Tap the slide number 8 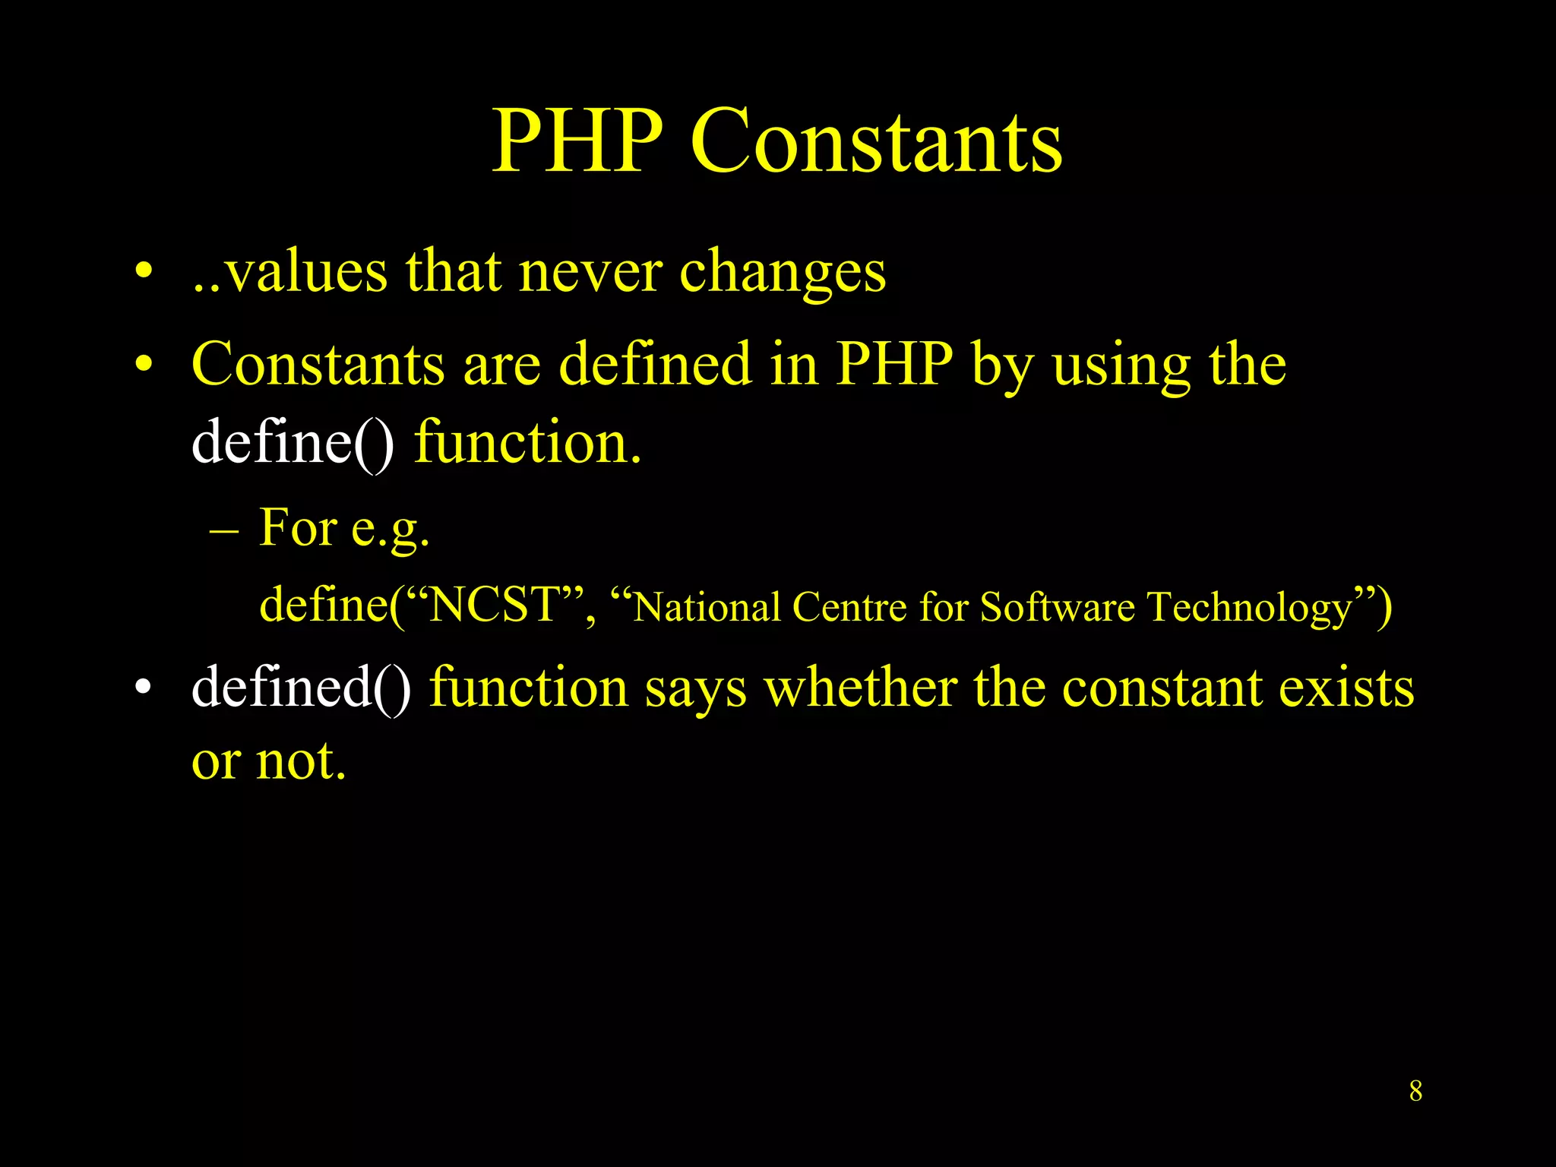(x=1415, y=1091)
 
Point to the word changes (x=783, y=274)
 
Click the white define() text (x=293, y=442)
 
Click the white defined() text (x=301, y=688)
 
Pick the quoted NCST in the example (x=494, y=606)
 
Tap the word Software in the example (x=1056, y=607)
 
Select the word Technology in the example (x=1250, y=609)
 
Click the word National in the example (x=707, y=607)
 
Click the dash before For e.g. (x=223, y=529)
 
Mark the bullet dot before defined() (x=144, y=688)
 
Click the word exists (x=1346, y=688)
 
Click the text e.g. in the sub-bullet (x=390, y=529)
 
